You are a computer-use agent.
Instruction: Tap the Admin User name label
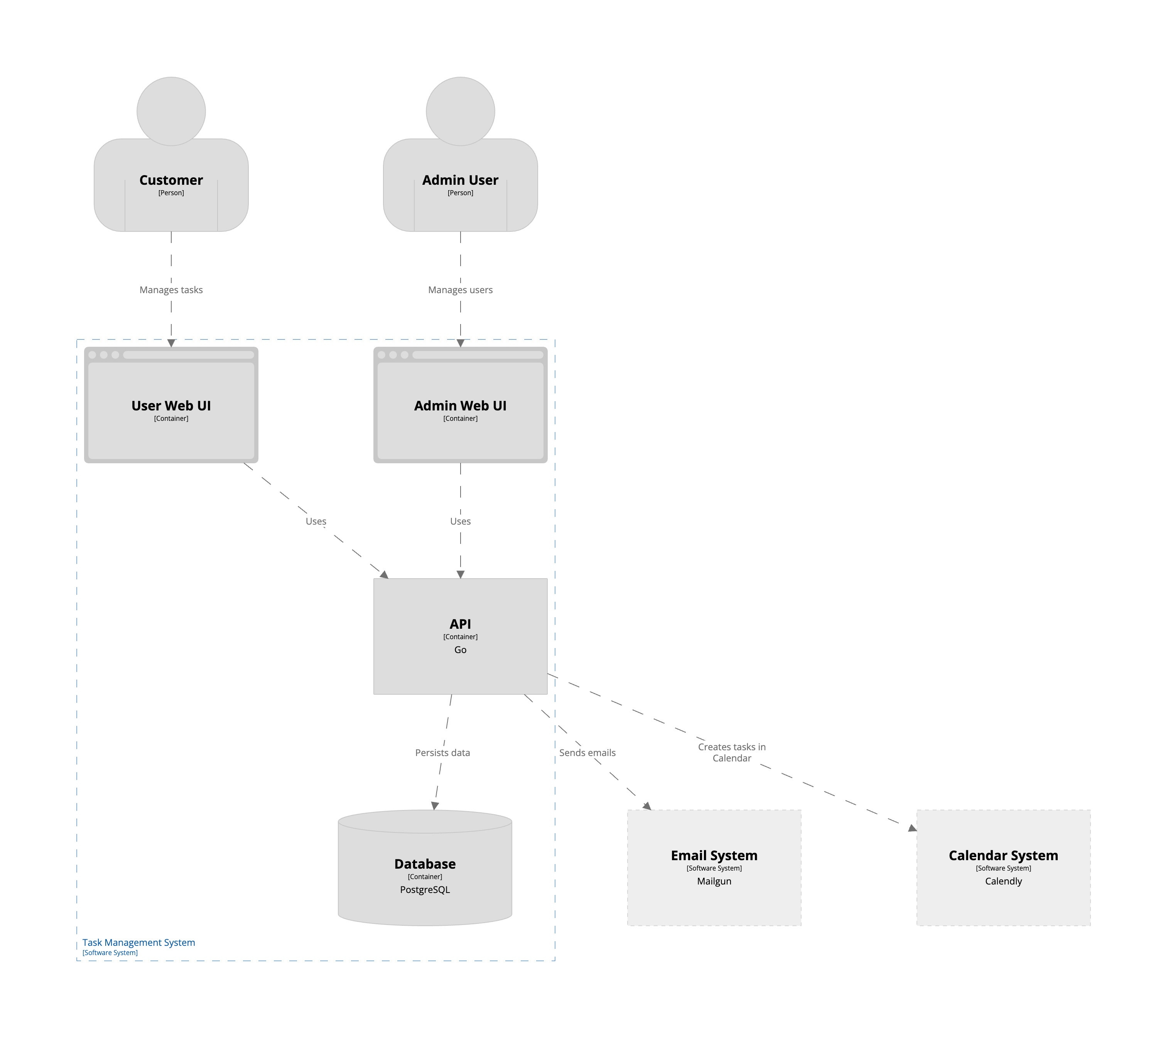460,180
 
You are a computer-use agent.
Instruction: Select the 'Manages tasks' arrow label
171,290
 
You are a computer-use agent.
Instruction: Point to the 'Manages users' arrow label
460,290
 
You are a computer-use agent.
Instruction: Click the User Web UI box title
171,406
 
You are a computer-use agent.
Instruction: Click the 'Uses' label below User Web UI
316,521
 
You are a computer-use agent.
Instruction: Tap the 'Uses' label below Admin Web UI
460,521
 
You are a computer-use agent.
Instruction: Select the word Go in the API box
460,650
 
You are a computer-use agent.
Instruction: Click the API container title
460,624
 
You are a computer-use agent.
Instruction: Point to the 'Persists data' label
442,752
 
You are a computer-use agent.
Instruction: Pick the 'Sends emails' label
587,752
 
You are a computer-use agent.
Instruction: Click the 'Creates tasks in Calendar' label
731,752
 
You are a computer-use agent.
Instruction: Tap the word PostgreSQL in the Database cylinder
425,889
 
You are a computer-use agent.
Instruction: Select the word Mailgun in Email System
714,881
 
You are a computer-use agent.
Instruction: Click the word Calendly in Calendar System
1003,881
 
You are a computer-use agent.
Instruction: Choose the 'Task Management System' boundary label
138,942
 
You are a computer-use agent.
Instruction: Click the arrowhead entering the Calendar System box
912,828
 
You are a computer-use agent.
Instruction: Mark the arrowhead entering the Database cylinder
435,805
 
